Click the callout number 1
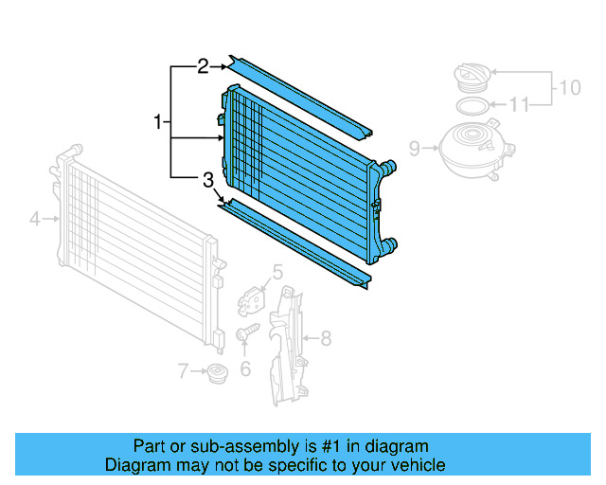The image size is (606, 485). point(158,121)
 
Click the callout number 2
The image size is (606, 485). point(202,66)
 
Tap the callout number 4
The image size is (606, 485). point(35,220)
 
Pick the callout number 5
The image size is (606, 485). point(276,274)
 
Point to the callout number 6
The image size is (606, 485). point(244,368)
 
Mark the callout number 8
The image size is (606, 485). point(325,337)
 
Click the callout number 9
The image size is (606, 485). point(414,148)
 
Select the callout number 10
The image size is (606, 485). point(568,88)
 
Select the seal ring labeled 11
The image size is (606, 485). point(471,103)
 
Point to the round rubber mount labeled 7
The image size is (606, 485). point(218,372)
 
